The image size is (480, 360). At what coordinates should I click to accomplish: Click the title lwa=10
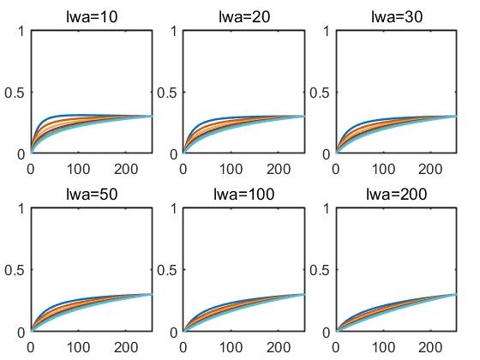coord(92,16)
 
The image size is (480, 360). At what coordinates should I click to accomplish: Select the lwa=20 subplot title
coord(244,16)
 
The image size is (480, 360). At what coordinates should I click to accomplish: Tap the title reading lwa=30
coord(397,16)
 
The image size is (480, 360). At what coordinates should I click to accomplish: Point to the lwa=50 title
coord(92,194)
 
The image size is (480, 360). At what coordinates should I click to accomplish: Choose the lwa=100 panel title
coord(244,194)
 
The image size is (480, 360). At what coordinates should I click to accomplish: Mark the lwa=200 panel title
coord(396,194)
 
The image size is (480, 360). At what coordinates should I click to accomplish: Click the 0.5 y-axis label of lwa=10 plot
coord(14,93)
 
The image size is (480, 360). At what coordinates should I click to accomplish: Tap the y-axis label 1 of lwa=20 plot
coord(174,31)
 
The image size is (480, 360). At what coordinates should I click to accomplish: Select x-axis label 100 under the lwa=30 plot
coord(383,169)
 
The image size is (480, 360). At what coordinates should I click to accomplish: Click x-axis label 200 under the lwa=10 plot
coord(126,169)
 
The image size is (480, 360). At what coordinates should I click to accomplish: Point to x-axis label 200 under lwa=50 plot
coord(126,347)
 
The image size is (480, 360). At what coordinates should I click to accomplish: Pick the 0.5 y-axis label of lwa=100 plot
coord(167,270)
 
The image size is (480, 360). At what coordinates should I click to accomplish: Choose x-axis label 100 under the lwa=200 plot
coord(383,347)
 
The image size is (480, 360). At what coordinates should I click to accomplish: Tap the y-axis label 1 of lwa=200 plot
coord(327,209)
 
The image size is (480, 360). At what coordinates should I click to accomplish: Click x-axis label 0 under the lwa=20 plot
coord(183,169)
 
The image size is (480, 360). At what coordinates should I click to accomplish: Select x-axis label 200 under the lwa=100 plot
coord(279,347)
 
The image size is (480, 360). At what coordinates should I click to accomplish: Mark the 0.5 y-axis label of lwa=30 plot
coord(319,93)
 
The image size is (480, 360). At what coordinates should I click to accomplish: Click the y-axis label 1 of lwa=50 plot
coord(21,209)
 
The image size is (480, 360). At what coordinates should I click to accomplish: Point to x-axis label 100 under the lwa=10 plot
coord(78,169)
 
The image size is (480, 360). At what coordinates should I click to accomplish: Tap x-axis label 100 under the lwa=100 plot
coord(231,347)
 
